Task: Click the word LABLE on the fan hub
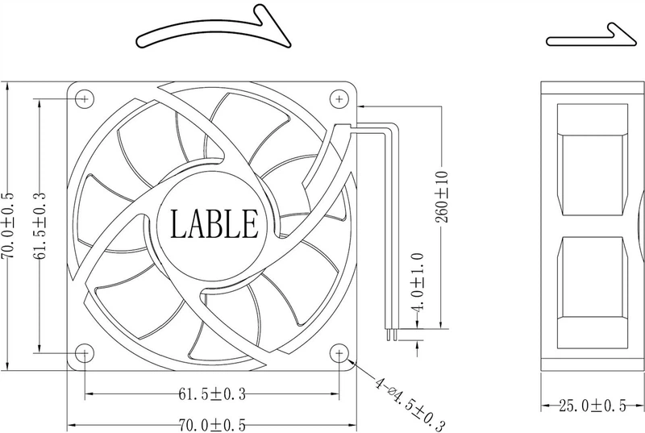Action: (214, 223)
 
